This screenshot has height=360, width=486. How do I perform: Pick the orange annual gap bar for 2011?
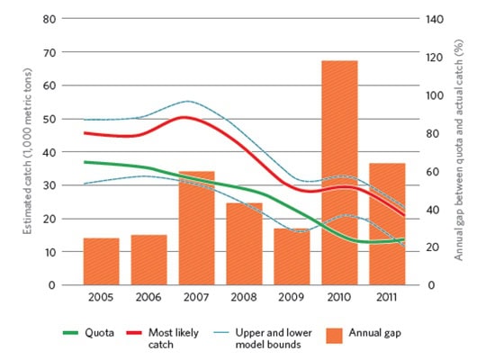coord(387,224)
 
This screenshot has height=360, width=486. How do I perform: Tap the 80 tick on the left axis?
coord(52,19)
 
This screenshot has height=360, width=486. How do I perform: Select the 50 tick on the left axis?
coord(52,119)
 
